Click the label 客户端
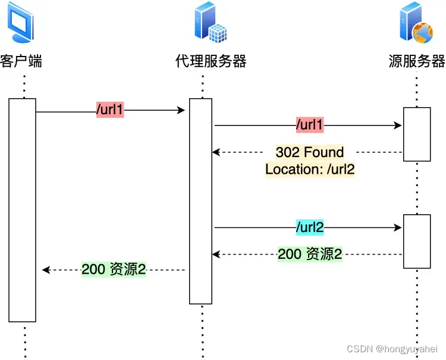pos(22,61)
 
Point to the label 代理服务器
pos(211,61)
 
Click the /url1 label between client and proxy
pos(110,110)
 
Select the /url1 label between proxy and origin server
pos(309,126)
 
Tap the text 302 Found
pos(310,152)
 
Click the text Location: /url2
pos(310,169)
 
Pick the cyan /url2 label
pos(309,227)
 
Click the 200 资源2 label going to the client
pos(114,270)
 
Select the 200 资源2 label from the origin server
pos(310,255)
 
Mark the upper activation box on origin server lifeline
pos(417,134)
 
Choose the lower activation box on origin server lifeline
pos(417,241)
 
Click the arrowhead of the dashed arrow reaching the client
pos(46,270)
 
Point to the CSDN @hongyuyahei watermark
pos(392,349)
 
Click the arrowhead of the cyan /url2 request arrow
pos(398,227)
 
